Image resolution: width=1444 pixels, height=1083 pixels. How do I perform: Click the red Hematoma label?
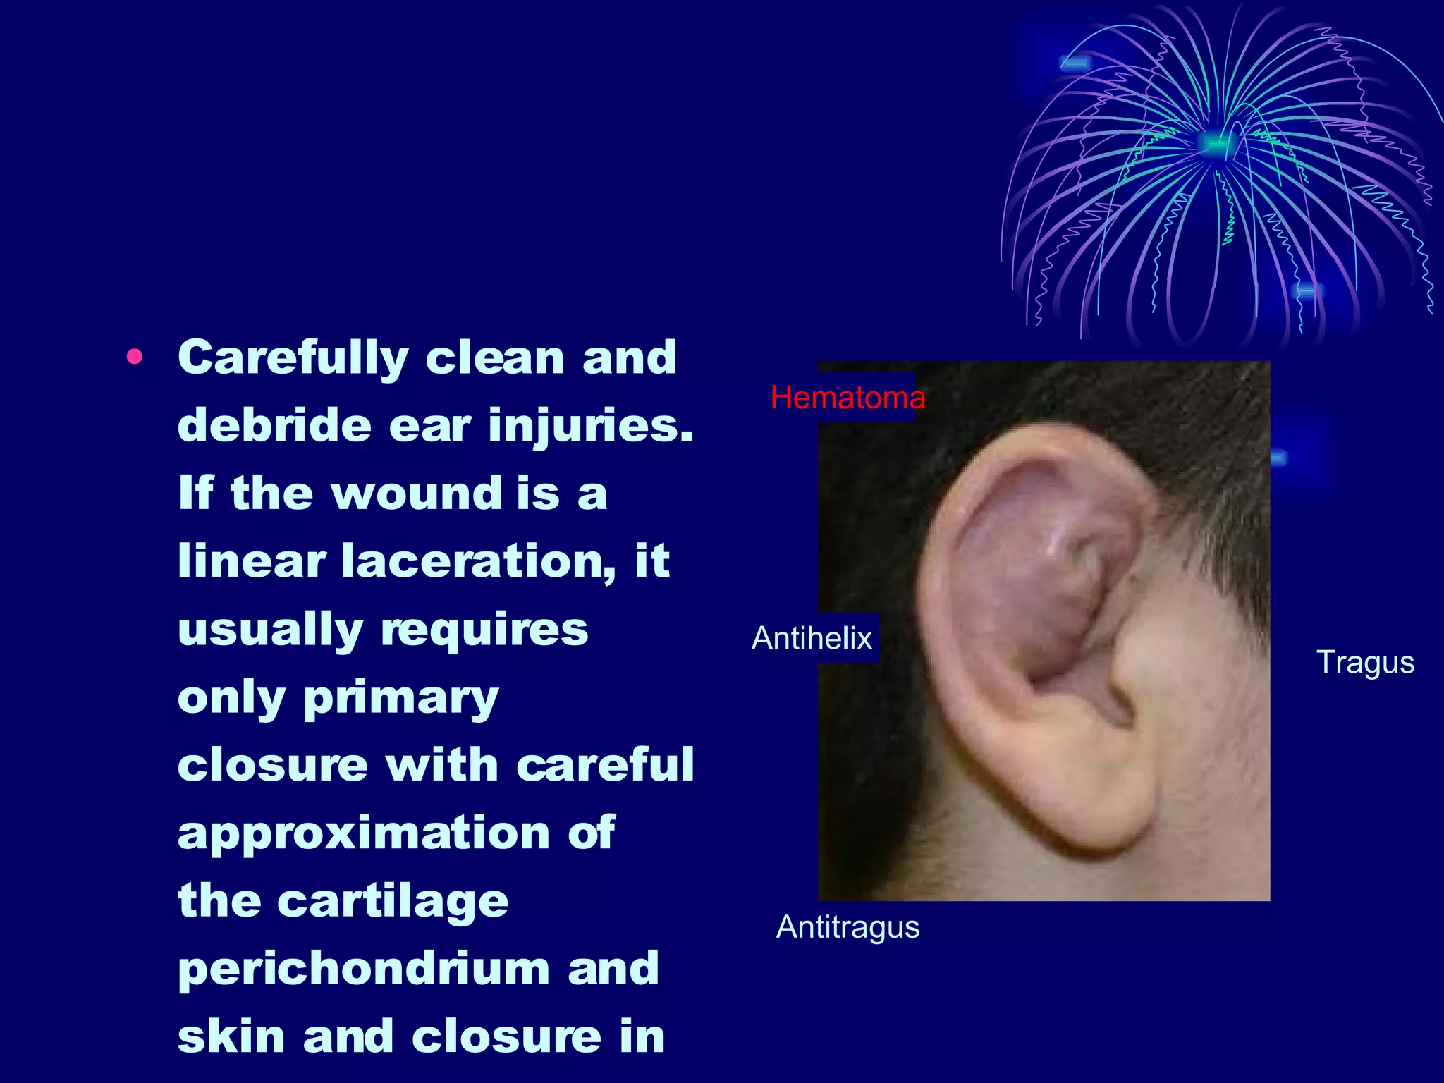(847, 398)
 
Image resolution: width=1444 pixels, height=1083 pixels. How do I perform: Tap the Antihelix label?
(812, 638)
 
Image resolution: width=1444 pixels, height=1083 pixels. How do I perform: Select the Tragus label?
(1365, 662)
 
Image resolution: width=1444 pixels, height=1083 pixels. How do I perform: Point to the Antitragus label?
(848, 926)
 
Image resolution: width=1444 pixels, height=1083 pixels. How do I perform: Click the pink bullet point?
(134, 357)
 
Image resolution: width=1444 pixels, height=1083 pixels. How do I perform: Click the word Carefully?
(293, 358)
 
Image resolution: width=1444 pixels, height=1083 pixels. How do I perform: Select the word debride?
(274, 425)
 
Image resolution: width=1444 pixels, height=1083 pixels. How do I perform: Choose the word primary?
(400, 698)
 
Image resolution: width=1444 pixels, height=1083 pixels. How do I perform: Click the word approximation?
(363, 833)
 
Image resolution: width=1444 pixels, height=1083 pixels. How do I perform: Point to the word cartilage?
(392, 901)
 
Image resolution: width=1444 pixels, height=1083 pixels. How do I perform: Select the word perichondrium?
(363, 969)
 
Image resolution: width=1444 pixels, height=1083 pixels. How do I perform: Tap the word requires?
(484, 629)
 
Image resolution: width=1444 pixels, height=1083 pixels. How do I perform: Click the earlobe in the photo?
(1100, 818)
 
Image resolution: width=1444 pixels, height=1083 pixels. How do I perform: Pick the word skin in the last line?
(231, 1036)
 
